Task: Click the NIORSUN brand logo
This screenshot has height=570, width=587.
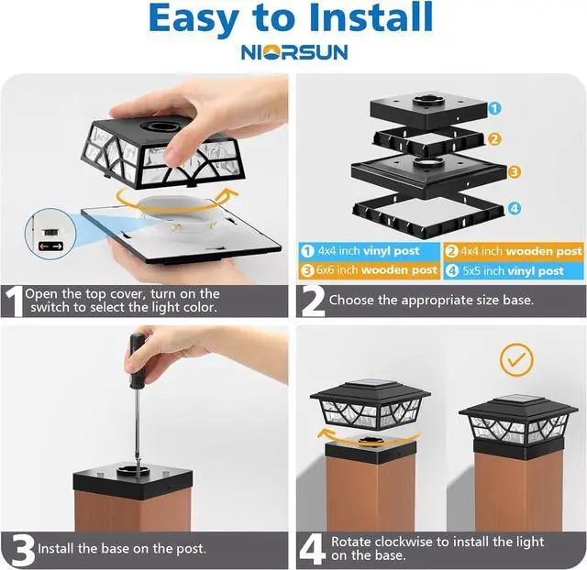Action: pos(294,52)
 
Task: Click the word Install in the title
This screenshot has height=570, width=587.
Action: pos(371,17)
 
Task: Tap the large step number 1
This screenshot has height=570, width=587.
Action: pos(14,301)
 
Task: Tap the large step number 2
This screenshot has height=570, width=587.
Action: pos(313,301)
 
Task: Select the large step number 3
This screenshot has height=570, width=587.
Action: pos(22,550)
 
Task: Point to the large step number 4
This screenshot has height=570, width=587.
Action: pos(312,549)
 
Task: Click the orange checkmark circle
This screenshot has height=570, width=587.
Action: pos(515,360)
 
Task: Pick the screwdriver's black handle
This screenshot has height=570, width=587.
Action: pos(137,360)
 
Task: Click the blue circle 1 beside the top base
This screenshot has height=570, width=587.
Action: pos(494,108)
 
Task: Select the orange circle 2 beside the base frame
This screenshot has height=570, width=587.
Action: pos(494,139)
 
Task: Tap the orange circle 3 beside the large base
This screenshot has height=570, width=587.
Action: pos(514,172)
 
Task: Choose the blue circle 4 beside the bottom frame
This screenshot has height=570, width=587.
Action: pos(515,208)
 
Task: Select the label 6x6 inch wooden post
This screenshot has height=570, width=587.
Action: pos(369,270)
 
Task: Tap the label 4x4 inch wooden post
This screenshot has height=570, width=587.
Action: pos(514,251)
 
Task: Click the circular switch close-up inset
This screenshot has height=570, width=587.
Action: pos(50,234)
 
